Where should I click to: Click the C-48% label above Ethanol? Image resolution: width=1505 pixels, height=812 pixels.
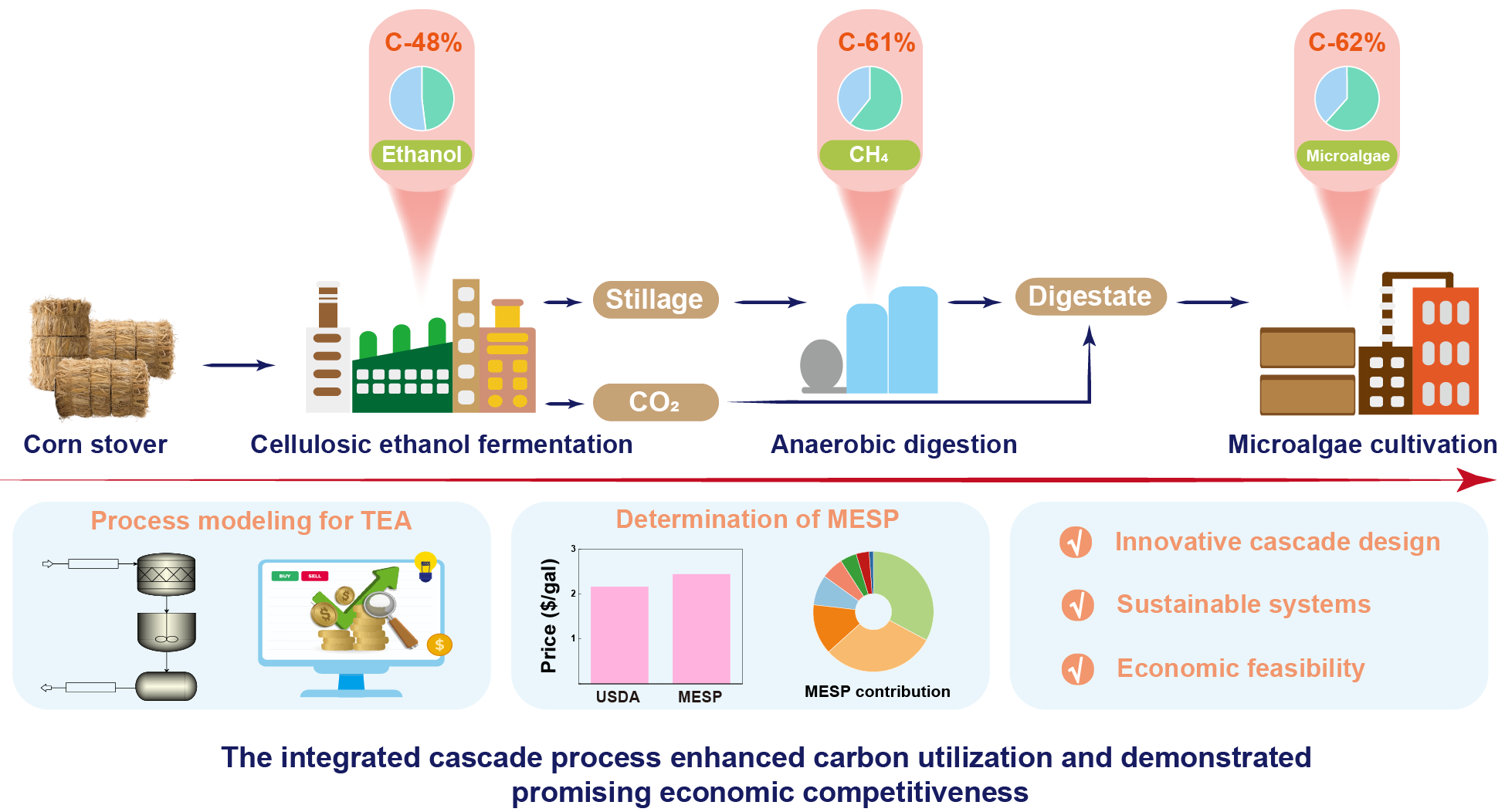[423, 42]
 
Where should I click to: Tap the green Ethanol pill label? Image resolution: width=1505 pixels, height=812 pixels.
[422, 154]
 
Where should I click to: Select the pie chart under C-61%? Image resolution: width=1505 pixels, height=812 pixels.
[869, 99]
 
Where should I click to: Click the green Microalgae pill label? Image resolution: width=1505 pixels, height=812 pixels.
[1347, 155]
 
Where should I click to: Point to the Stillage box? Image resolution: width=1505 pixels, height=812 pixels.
[655, 299]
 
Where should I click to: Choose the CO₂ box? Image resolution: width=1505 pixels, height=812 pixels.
[655, 402]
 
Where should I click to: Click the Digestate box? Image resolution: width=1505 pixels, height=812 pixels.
[1090, 296]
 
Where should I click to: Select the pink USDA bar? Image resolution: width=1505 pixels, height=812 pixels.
[619, 634]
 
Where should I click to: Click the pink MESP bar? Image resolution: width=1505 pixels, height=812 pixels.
[701, 628]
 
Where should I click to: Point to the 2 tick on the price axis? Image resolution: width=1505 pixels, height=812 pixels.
[573, 594]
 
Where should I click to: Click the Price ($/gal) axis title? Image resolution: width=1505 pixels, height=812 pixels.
[549, 616]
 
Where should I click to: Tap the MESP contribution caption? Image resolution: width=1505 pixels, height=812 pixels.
[877, 692]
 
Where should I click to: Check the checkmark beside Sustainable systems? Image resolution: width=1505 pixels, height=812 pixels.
[1077, 605]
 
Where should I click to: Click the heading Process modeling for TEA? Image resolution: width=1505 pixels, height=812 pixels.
[251, 521]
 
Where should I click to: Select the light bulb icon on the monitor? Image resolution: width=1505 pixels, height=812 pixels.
[425, 566]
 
